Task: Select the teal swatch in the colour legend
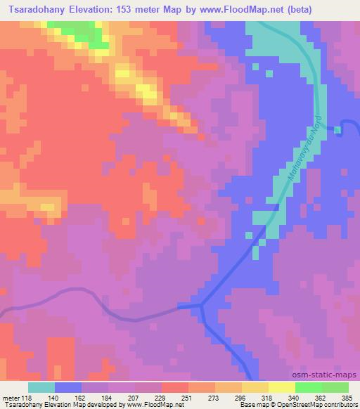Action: pyautogui.click(x=41, y=387)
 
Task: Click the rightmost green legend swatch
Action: pyautogui.click(x=335, y=387)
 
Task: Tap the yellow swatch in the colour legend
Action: pyautogui.click(x=281, y=387)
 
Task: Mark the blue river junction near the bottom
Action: pyautogui.click(x=202, y=305)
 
